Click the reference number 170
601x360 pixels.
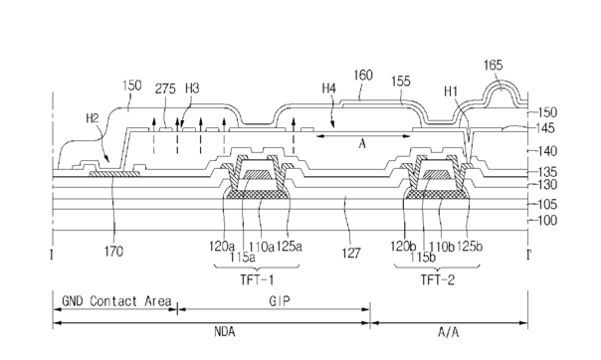(113, 252)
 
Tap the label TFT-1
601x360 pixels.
(257, 280)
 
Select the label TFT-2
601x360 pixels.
(438, 280)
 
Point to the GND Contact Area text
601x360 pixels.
(116, 301)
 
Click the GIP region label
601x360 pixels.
(280, 301)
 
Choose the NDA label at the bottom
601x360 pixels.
(225, 332)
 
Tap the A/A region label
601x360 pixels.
(449, 332)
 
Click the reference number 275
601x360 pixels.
(165, 89)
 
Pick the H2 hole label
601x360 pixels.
(93, 118)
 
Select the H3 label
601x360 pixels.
(192, 89)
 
